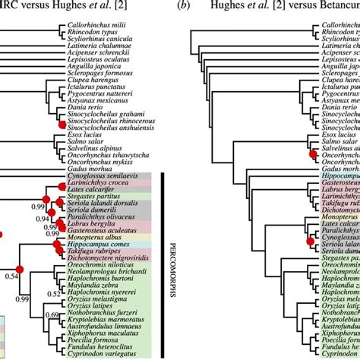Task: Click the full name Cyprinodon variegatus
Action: [87, 353]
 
